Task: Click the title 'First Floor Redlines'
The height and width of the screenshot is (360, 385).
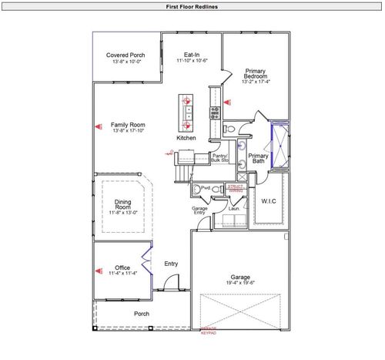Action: coord(192,6)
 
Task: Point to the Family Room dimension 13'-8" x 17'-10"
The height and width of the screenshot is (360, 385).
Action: coord(128,131)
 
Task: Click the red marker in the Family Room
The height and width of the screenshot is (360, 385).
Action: coord(98,124)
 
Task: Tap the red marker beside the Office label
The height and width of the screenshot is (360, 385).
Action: coord(98,271)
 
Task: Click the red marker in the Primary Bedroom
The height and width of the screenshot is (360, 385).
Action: coord(226,101)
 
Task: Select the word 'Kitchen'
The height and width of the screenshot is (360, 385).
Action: coord(186,138)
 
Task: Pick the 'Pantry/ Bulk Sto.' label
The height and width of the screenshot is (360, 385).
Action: coord(220,158)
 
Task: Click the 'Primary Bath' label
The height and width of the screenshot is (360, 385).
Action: coord(258,158)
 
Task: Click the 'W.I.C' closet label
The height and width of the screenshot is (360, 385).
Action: coord(269,202)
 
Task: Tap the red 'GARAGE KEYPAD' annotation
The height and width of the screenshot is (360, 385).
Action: coord(209,331)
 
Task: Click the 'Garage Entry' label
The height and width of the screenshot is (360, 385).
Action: coord(200,210)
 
